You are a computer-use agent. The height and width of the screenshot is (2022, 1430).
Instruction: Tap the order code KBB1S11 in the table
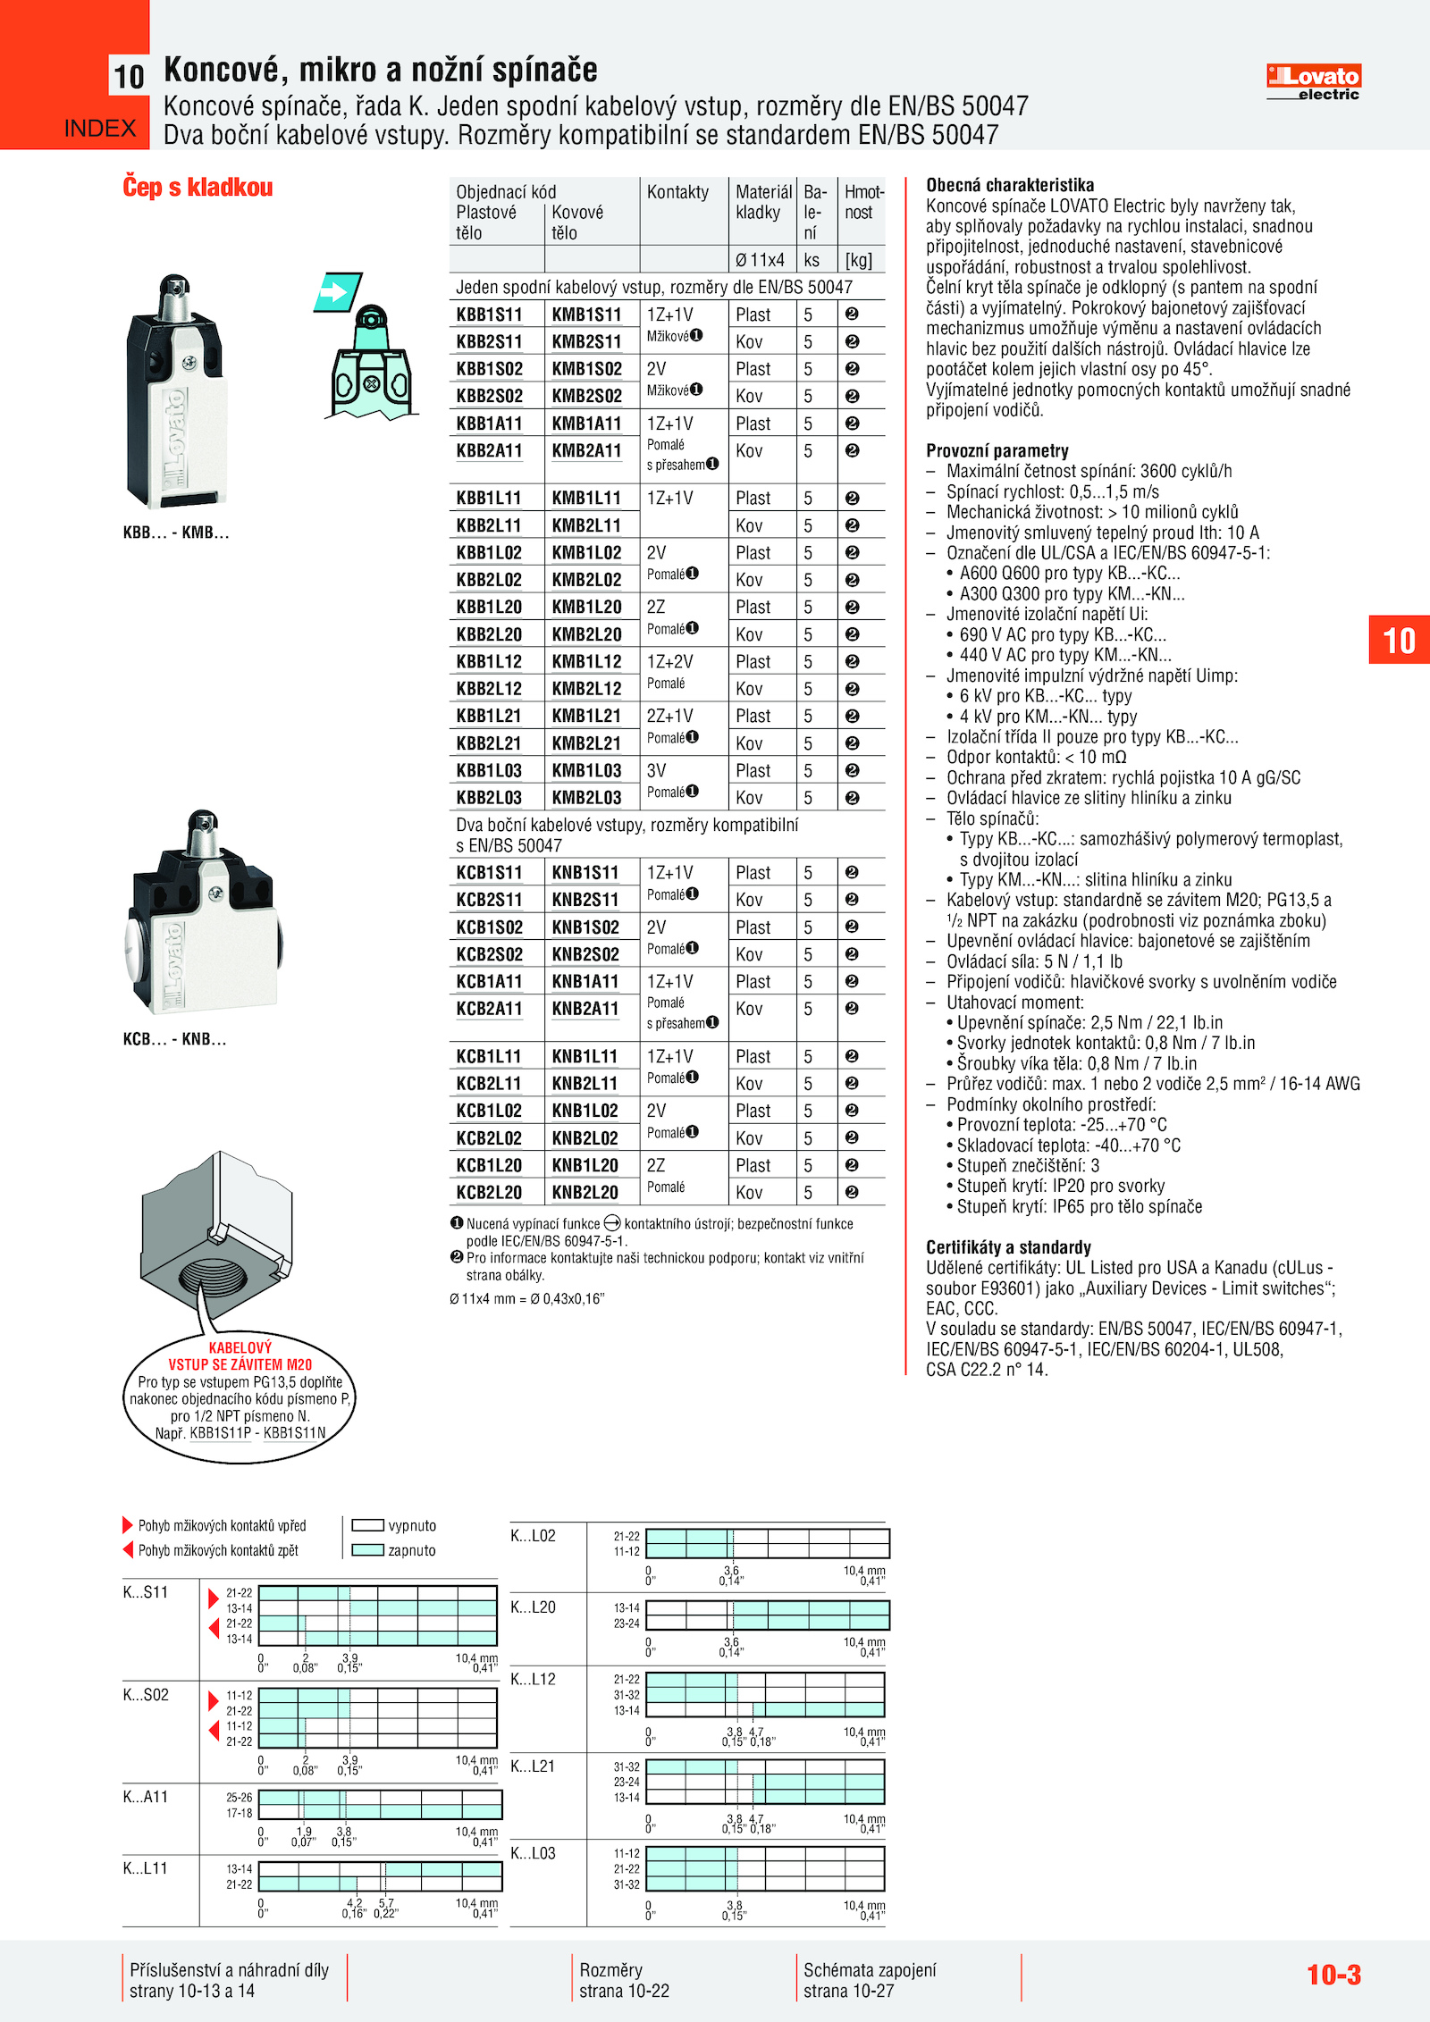(489, 315)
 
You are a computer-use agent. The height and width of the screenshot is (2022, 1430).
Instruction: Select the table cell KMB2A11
(586, 451)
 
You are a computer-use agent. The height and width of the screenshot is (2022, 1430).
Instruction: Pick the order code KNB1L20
(585, 1165)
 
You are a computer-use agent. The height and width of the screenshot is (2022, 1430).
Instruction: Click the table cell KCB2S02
(489, 954)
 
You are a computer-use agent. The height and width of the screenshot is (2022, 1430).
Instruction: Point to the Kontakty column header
(677, 192)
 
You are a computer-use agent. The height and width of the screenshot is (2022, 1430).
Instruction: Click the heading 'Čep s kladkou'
(198, 188)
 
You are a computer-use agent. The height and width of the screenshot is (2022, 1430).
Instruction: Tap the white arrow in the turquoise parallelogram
(335, 292)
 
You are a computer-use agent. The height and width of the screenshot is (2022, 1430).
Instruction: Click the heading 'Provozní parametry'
(997, 451)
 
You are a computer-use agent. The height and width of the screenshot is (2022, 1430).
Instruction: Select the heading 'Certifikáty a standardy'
(1008, 1247)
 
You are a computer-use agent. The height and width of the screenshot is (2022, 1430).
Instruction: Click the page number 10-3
(1333, 1975)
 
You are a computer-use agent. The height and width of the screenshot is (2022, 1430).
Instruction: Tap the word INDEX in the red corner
(100, 129)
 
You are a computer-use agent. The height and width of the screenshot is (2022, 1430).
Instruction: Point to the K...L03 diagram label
(533, 1853)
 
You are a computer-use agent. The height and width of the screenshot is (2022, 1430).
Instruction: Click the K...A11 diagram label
(145, 1797)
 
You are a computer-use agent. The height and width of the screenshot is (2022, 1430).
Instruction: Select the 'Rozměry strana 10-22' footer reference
(624, 1980)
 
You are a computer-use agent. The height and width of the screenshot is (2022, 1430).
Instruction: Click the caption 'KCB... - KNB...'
(174, 1039)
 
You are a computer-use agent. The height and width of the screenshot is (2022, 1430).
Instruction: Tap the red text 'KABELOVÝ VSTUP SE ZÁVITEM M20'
(240, 1356)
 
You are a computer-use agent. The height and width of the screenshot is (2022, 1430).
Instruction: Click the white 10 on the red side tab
(1399, 641)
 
